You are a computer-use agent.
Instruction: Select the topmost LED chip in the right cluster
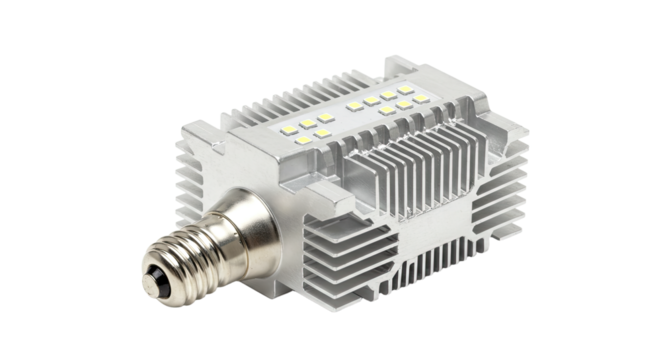click(391, 86)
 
